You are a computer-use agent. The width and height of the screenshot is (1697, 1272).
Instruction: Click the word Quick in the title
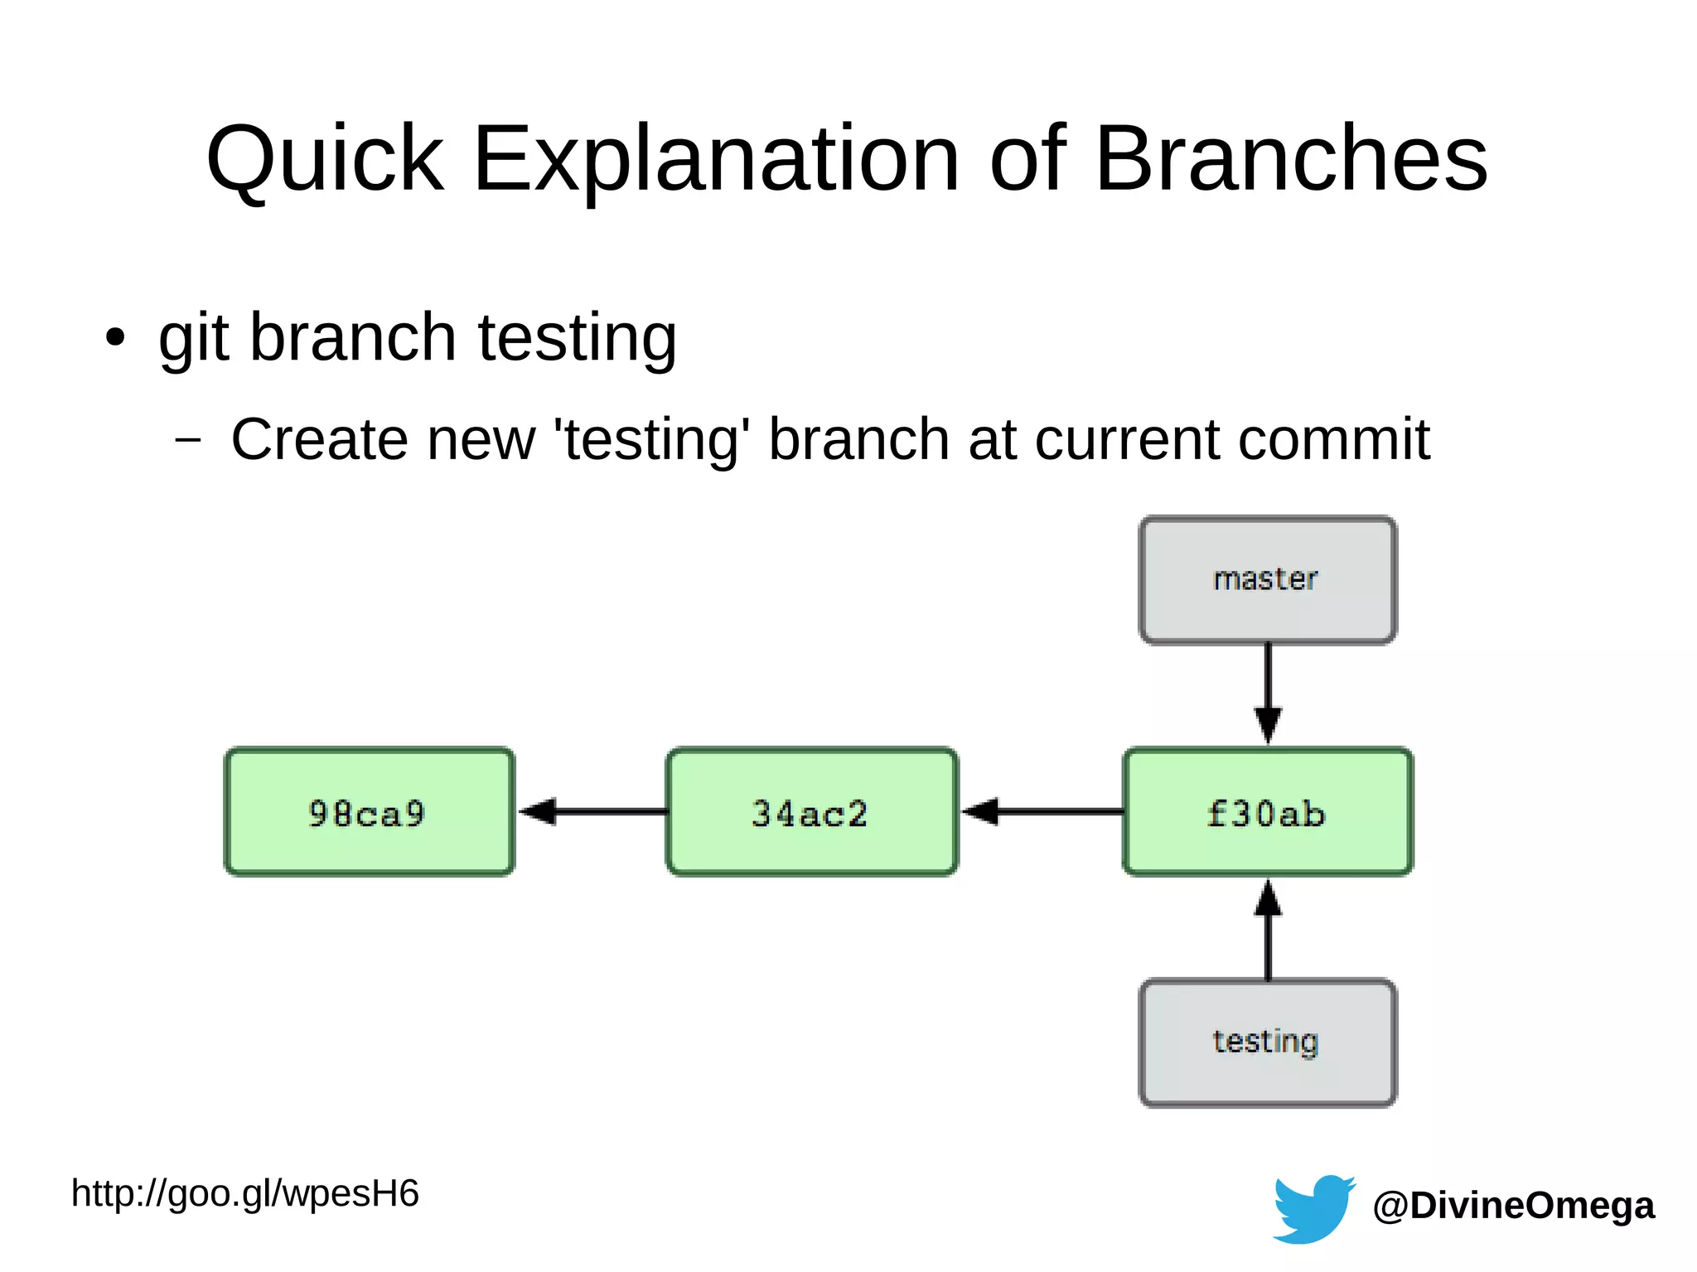pyautogui.click(x=325, y=159)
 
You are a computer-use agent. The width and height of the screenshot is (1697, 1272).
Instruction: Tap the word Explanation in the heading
pyautogui.click(x=716, y=159)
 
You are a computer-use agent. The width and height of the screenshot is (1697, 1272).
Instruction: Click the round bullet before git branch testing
pyautogui.click(x=115, y=338)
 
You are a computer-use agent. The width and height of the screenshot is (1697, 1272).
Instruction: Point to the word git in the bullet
pyautogui.click(x=193, y=338)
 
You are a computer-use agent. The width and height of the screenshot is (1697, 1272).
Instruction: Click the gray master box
pyautogui.click(x=1267, y=579)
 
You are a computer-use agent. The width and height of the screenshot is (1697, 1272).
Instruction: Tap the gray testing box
pyautogui.click(x=1267, y=1042)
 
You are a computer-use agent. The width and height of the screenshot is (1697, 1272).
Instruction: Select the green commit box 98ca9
pyautogui.click(x=369, y=812)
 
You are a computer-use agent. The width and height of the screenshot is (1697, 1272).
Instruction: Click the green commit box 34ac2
pyautogui.click(x=811, y=812)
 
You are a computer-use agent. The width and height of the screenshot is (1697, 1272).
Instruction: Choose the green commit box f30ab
pyautogui.click(x=1267, y=812)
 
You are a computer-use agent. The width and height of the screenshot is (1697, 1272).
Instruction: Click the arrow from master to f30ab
pyautogui.click(x=1268, y=692)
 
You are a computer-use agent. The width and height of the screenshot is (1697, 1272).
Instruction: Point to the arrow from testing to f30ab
pyautogui.click(x=1268, y=930)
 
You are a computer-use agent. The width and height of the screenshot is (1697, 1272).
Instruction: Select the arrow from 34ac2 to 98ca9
pyautogui.click(x=592, y=811)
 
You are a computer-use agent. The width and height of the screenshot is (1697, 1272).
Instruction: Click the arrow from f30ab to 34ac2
pyautogui.click(x=1042, y=811)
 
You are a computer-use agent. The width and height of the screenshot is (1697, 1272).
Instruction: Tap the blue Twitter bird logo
pyautogui.click(x=1313, y=1208)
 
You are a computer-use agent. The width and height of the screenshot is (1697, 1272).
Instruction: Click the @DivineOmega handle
pyautogui.click(x=1513, y=1206)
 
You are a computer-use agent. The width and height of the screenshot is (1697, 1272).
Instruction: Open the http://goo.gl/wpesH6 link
pyautogui.click(x=245, y=1194)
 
